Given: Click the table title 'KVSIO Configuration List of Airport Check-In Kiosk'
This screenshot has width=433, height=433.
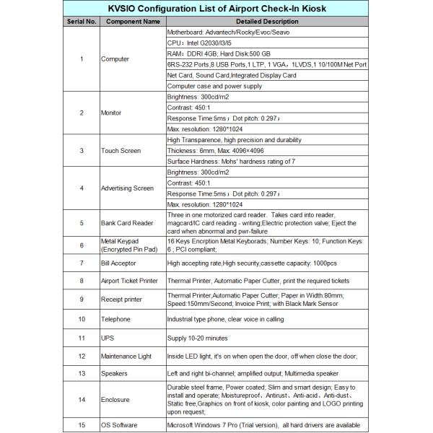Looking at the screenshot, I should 216,9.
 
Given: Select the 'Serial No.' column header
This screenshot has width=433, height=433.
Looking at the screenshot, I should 82,22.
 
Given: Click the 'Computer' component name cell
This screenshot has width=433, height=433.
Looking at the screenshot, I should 116,58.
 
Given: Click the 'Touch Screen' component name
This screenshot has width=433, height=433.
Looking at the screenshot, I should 121,151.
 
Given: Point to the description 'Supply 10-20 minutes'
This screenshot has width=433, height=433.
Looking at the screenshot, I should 198,338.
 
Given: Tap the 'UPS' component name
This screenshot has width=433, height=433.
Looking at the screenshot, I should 107,338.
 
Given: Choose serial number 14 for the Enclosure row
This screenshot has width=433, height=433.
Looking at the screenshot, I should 82,399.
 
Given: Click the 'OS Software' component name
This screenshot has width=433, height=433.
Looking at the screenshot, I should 119,425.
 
